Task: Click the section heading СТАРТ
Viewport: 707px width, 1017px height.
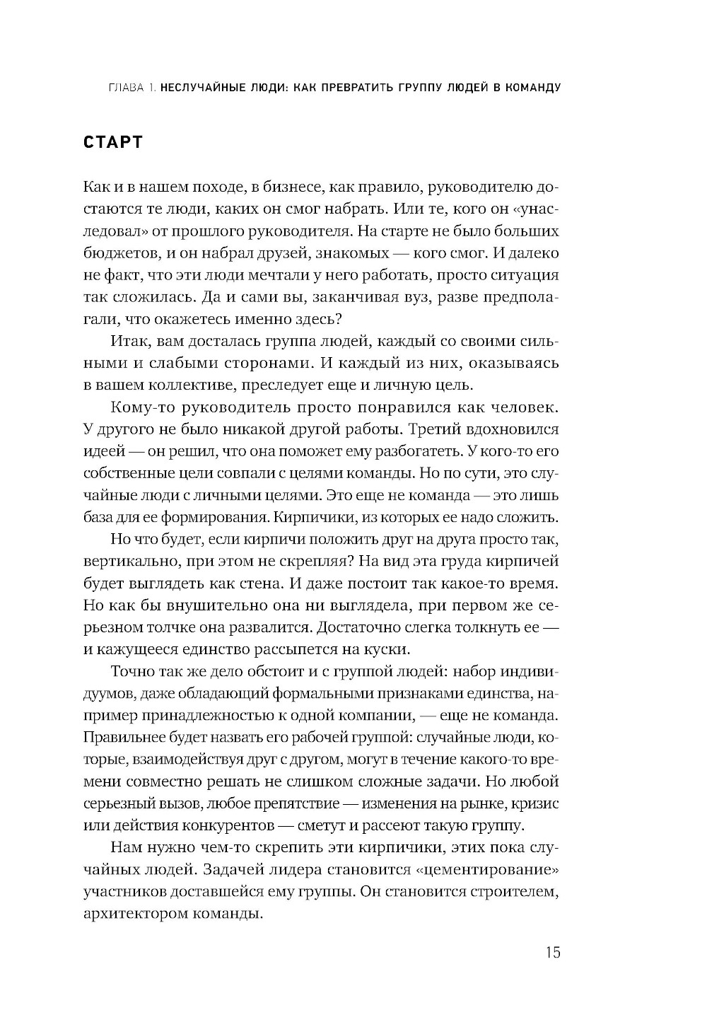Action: coord(113,142)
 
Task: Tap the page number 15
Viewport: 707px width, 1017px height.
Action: coord(552,952)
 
